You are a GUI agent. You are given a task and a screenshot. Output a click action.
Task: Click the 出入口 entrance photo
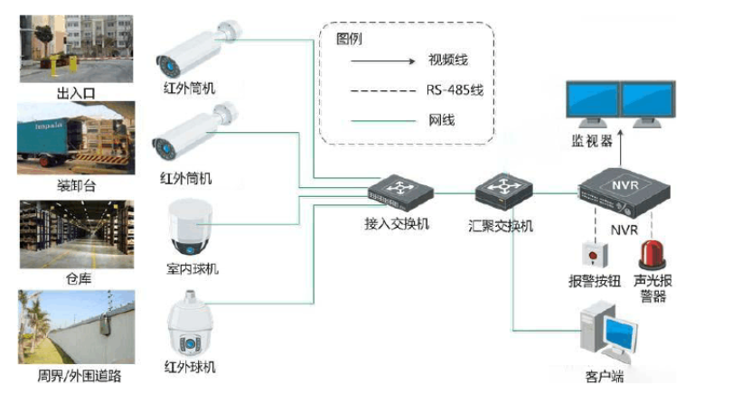76,42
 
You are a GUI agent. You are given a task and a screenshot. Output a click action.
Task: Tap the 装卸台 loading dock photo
76,138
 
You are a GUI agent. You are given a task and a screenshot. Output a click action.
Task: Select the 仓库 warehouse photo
76,233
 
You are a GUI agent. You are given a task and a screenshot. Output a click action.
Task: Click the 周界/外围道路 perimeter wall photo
76,328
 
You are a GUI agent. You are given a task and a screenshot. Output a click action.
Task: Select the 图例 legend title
348,39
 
